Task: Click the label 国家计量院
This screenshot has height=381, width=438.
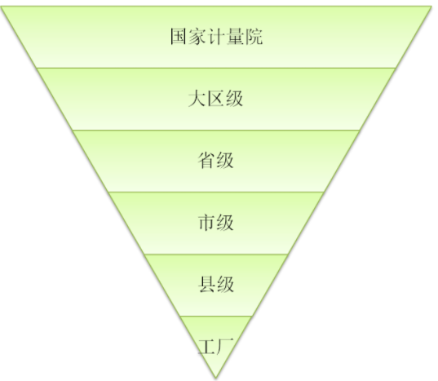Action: tap(216, 37)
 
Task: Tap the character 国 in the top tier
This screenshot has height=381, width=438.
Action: tap(179, 37)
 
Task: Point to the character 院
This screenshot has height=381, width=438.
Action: tap(254, 37)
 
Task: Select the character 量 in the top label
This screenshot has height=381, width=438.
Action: tap(236, 37)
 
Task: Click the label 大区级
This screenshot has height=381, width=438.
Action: tap(215, 99)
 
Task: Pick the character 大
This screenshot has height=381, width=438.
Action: tap(197, 99)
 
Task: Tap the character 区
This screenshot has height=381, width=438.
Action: tap(215, 99)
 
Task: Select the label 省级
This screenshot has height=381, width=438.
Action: tap(215, 161)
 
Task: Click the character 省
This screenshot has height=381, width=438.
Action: tap(206, 161)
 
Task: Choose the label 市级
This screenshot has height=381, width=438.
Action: tap(215, 223)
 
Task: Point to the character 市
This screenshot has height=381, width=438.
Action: tap(206, 223)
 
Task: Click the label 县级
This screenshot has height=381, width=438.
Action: tap(216, 285)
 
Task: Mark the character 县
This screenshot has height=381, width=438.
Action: tap(206, 285)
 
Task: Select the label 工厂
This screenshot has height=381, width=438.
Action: tap(215, 347)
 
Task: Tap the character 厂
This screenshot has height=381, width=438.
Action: tap(225, 347)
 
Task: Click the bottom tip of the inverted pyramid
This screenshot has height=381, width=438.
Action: tap(215, 379)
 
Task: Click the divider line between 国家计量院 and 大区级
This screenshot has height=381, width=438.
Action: tap(216, 68)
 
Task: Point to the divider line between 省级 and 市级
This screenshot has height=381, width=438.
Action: tap(216, 192)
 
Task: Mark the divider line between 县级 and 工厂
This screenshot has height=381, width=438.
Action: tap(216, 317)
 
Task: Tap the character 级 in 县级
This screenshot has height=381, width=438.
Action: tap(225, 285)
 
